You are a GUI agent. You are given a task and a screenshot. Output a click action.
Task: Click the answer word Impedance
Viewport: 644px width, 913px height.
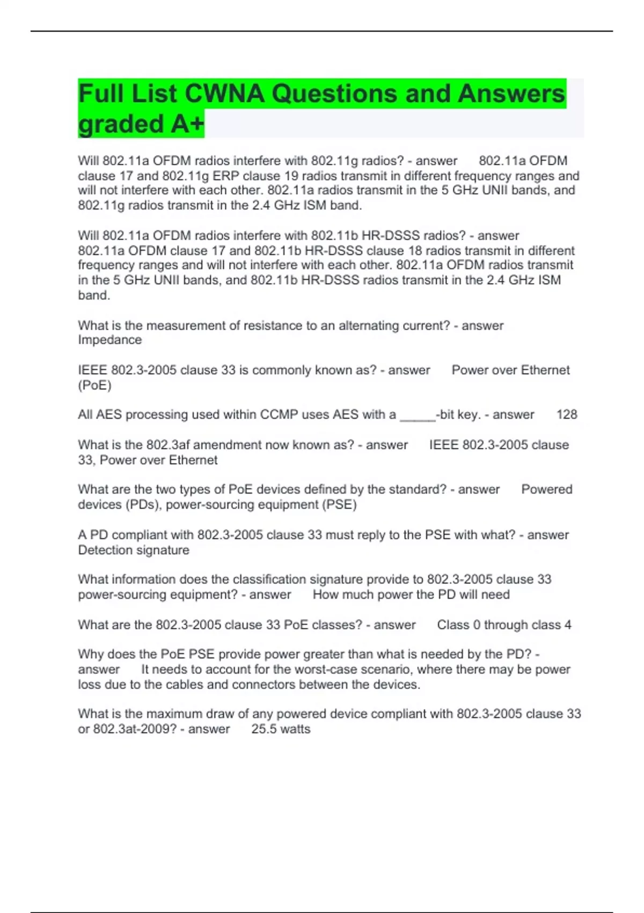pos(110,340)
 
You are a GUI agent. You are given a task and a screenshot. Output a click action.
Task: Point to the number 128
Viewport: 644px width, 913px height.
pos(567,415)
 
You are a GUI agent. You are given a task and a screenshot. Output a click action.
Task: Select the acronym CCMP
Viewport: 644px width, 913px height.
pos(279,415)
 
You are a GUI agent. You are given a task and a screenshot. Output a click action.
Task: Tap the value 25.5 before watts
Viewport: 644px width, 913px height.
pos(263,729)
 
